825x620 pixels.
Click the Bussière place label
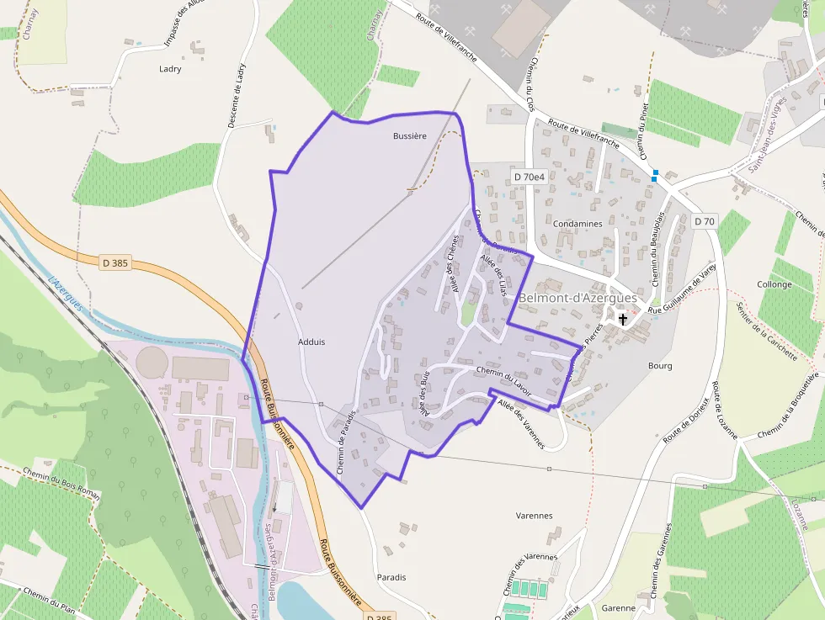pyautogui.click(x=410, y=135)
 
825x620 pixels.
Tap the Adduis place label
pyautogui.click(x=311, y=342)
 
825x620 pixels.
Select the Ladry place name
pyautogui.click(x=170, y=69)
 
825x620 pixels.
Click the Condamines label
pyautogui.click(x=578, y=224)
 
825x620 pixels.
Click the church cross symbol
pyautogui.click(x=623, y=319)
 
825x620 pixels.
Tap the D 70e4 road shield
pyautogui.click(x=530, y=177)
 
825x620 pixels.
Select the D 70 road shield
pyautogui.click(x=705, y=221)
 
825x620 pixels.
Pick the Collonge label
pyautogui.click(x=774, y=284)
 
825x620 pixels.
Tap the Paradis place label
pyautogui.click(x=391, y=577)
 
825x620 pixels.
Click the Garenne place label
pyautogui.click(x=619, y=607)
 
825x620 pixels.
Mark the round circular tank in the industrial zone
pyautogui.click(x=152, y=363)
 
